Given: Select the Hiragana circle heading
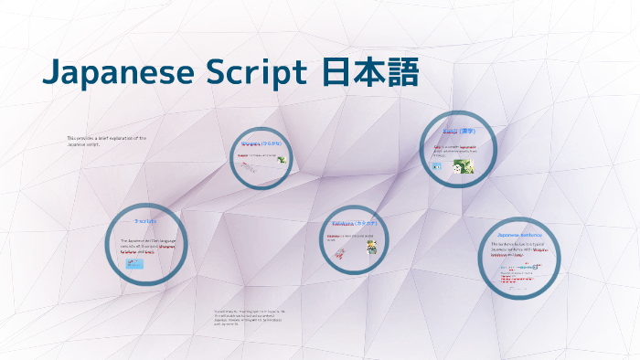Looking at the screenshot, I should tap(261, 144).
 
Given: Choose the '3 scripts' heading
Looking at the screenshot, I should tap(145, 221).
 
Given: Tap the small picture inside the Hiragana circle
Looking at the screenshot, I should tap(283, 160).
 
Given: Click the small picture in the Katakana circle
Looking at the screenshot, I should tap(373, 245).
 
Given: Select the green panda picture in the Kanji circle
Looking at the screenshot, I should tap(463, 165).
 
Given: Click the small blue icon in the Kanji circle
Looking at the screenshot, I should tap(437, 167).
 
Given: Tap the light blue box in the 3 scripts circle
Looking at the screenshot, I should tap(134, 263).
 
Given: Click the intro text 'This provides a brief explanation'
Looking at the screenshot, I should tap(107, 141).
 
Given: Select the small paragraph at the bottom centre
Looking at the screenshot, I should tap(248, 317).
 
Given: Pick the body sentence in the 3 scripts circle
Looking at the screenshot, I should tap(148, 245).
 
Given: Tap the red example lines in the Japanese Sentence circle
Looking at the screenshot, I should tap(517, 274).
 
